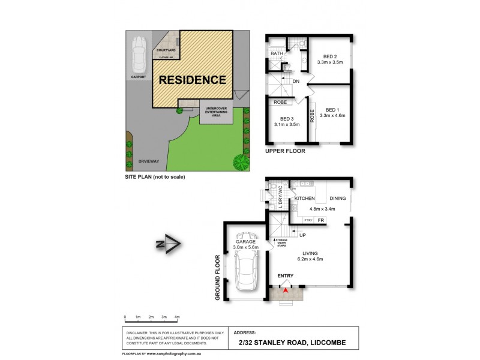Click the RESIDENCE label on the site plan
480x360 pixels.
tap(192, 80)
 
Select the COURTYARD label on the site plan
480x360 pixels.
tap(166, 51)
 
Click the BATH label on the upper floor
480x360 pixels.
tap(277, 54)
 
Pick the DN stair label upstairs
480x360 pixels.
tap(295, 81)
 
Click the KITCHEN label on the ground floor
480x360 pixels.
tap(305, 197)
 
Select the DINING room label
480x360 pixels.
tap(338, 197)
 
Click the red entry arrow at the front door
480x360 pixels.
tap(286, 292)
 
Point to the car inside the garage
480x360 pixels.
tap(247, 269)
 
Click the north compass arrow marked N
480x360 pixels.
tap(169, 244)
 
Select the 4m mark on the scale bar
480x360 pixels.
tap(177, 316)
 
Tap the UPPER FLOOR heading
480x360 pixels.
tap(285, 151)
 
